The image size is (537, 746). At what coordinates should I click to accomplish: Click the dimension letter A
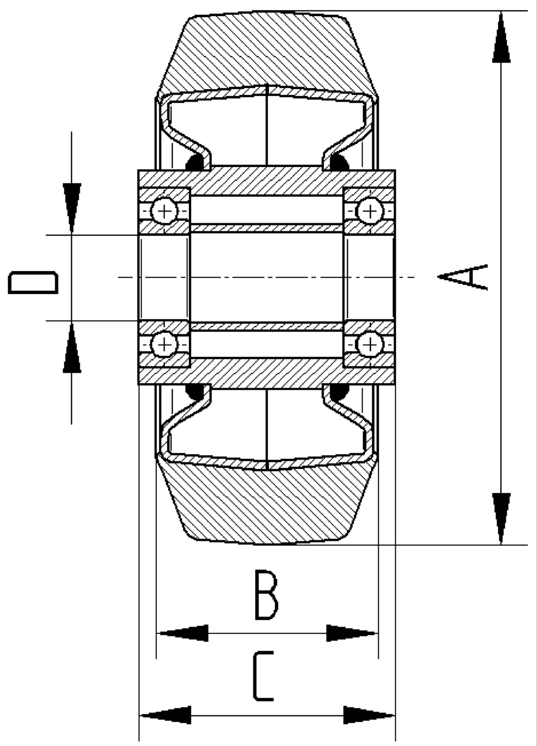[x=463, y=277]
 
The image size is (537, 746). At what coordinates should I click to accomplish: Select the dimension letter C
[x=263, y=676]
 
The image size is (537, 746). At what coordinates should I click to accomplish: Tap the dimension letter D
[x=33, y=283]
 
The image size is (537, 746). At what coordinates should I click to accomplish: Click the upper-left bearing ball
[x=164, y=211]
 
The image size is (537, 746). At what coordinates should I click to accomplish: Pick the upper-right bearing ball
[x=369, y=211]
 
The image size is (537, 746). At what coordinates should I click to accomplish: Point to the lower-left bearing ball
[x=164, y=343]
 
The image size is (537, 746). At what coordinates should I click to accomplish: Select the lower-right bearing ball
[x=369, y=343]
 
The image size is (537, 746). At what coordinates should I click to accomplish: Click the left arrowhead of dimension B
[x=183, y=633]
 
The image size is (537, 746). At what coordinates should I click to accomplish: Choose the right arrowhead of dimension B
[x=352, y=633]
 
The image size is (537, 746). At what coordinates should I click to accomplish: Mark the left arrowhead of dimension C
[x=165, y=715]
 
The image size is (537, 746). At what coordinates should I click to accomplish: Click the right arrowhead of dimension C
[x=369, y=715]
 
